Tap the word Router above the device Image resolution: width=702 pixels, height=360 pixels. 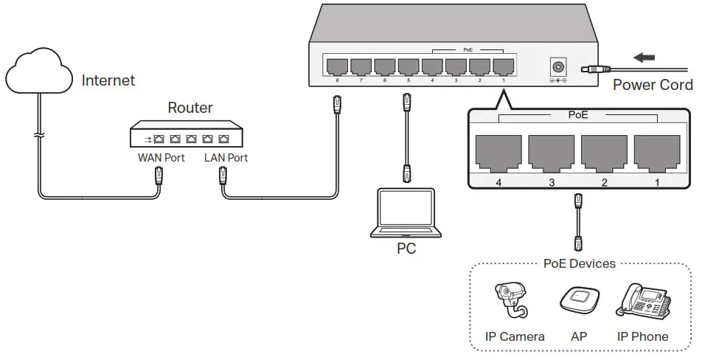(190, 108)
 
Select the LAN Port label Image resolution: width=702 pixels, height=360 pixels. (226, 158)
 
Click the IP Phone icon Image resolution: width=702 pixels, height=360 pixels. (644, 301)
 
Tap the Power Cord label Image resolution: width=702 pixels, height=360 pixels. (653, 85)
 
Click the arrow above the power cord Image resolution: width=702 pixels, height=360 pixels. (645, 56)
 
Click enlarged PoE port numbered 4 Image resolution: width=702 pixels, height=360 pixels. (498, 153)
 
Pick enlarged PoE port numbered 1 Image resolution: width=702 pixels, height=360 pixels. (657, 153)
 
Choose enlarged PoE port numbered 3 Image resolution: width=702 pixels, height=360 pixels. (552, 153)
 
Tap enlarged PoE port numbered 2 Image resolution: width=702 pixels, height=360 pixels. (604, 153)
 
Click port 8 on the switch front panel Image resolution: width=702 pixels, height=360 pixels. (338, 66)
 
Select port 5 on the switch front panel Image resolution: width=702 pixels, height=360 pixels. (409, 66)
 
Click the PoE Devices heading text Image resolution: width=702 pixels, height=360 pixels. (579, 263)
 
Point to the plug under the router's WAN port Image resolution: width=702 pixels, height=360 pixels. (159, 176)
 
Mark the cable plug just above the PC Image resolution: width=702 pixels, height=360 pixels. (406, 174)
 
